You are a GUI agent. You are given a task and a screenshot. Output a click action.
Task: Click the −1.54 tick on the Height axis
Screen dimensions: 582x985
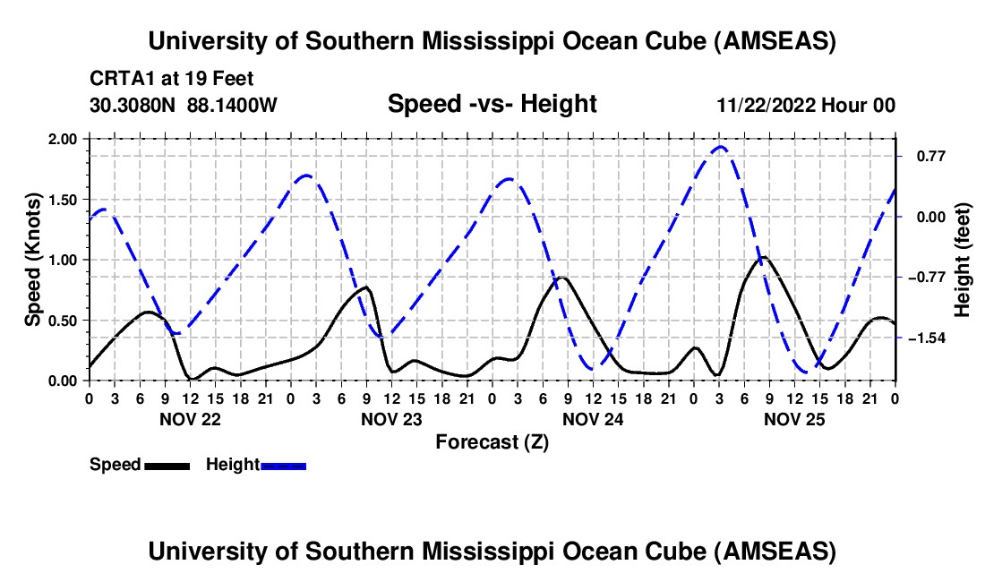[928, 338]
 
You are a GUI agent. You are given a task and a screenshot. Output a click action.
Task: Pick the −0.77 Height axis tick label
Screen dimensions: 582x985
[928, 277]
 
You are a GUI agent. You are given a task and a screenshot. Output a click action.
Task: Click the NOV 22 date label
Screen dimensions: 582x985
[189, 418]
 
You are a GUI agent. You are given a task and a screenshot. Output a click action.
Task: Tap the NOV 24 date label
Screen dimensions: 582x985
[592, 418]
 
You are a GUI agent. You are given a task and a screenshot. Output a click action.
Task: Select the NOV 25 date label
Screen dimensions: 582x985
[793, 418]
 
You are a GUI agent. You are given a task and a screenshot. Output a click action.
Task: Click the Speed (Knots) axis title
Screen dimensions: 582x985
[33, 260]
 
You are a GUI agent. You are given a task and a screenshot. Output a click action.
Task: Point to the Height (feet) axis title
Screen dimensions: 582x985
[963, 260]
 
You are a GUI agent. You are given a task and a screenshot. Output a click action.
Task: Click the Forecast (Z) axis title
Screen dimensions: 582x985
[492, 441]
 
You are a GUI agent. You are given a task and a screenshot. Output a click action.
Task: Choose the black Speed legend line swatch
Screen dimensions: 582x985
[167, 465]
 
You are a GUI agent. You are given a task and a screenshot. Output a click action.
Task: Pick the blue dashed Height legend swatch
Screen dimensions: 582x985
[283, 465]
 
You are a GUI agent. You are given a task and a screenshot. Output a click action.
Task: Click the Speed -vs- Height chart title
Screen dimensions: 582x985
[492, 104]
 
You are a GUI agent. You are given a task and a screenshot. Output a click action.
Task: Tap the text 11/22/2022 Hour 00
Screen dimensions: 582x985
[806, 105]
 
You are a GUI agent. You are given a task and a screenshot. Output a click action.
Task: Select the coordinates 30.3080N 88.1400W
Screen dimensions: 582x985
[184, 105]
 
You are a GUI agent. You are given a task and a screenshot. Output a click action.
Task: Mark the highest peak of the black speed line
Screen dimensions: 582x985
[763, 258]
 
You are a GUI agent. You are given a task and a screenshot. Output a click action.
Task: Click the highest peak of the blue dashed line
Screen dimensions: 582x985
[721, 146]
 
